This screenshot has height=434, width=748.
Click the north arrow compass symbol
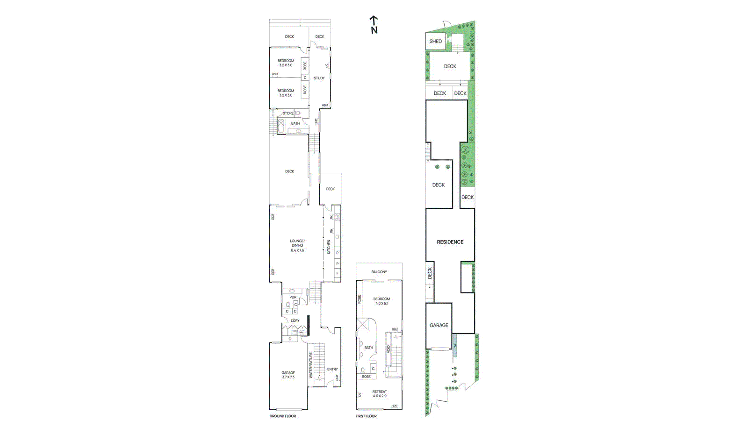tap(374, 24)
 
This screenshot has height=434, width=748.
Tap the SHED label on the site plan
tap(435, 41)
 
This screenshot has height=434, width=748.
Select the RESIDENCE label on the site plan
tap(450, 242)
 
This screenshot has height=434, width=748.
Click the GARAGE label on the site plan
tap(439, 325)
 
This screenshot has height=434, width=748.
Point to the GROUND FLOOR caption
tap(282, 416)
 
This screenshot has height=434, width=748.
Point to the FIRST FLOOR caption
tap(366, 416)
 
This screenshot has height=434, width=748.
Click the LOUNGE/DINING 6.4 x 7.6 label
tap(297, 246)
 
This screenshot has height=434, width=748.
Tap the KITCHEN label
tap(329, 247)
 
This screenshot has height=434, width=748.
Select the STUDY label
tap(319, 78)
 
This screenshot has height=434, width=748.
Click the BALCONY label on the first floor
tap(379, 272)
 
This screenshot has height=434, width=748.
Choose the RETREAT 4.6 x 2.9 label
tap(380, 394)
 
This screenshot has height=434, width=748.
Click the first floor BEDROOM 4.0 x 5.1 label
tap(381, 301)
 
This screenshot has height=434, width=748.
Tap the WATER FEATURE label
tap(310, 365)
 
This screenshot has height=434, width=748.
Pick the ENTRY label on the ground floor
tap(332, 369)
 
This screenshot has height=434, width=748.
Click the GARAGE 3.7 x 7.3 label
tap(288, 375)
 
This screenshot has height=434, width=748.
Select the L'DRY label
tap(295, 320)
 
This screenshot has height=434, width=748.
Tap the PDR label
tap(293, 297)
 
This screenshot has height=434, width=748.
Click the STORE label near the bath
tap(288, 113)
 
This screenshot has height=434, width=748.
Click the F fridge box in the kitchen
tap(337, 273)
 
